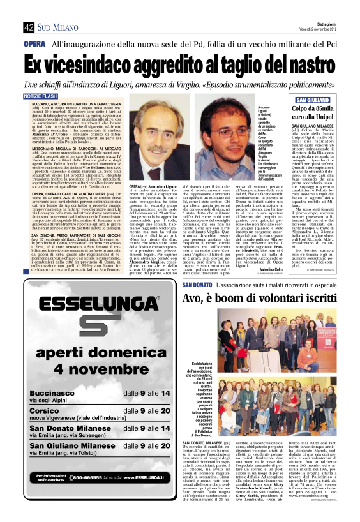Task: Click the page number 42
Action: pos(29,27)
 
